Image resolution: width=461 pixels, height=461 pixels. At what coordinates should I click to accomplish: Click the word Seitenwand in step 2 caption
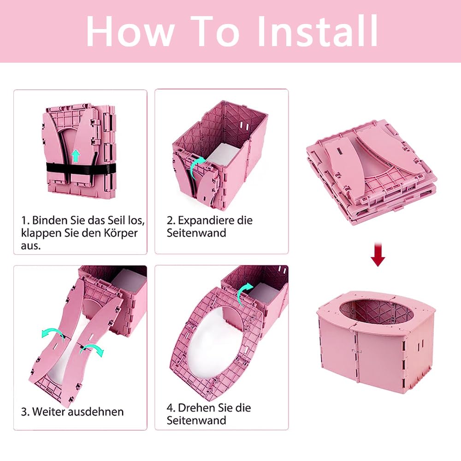tap(196, 233)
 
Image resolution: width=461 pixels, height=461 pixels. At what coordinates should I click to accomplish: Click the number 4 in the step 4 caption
tap(170, 408)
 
